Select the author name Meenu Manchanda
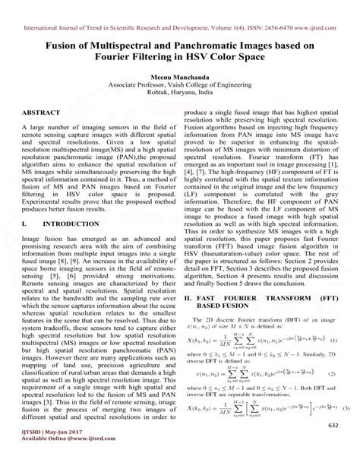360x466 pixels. coord(179,77)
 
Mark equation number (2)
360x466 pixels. coord(344,375)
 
